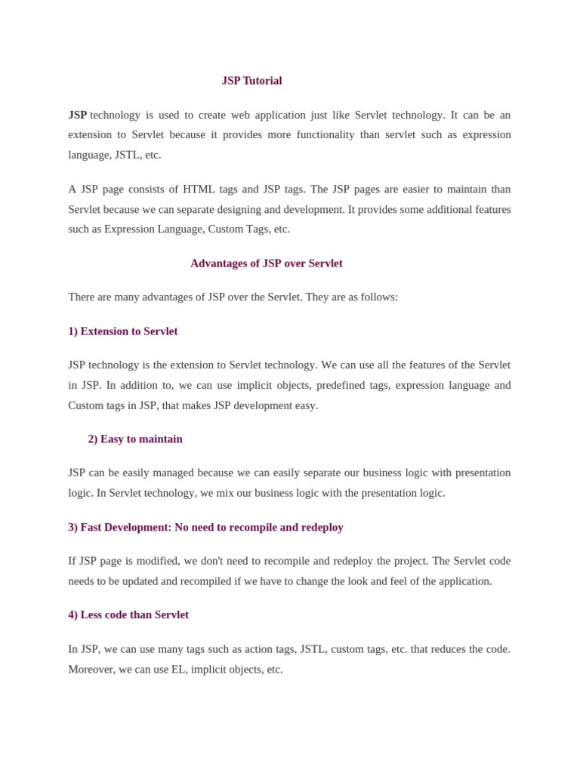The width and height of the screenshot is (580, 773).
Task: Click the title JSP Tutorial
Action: pyautogui.click(x=251, y=81)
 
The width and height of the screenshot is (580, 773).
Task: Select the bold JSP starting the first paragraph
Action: pyautogui.click(x=77, y=115)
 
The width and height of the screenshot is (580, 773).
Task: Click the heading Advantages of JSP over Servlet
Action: pyautogui.click(x=266, y=263)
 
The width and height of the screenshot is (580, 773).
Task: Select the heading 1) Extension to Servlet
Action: pyautogui.click(x=122, y=331)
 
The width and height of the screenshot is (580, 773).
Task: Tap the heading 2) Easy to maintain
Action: pyautogui.click(x=135, y=439)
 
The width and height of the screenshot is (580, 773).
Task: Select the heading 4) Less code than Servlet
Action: pyautogui.click(x=128, y=615)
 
